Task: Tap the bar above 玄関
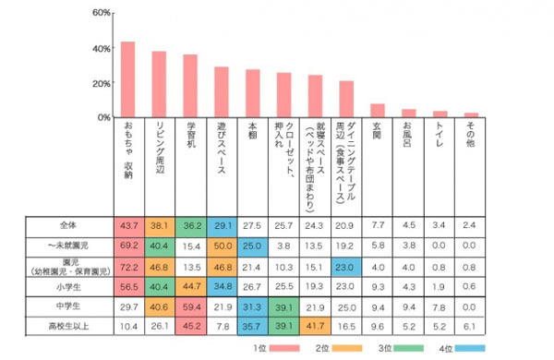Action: click(377, 111)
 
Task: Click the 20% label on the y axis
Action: click(101, 83)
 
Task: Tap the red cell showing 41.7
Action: click(315, 326)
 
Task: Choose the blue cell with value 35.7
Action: click(252, 326)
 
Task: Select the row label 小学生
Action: click(69, 286)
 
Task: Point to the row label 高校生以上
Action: click(69, 326)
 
